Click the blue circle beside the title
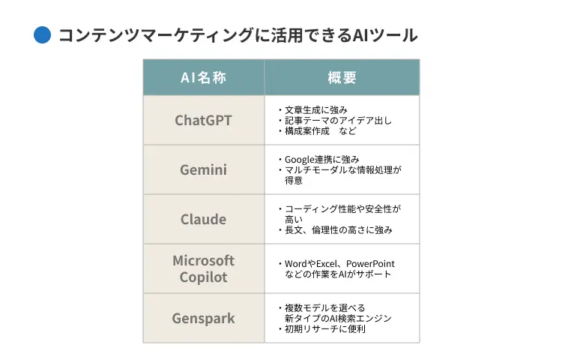coord(43,35)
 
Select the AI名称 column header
coord(203,78)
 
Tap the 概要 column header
coord(342,78)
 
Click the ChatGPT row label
coord(203,120)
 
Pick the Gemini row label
coord(203,169)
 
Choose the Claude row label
coord(203,219)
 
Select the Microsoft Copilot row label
coord(203,268)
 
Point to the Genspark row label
coord(203,318)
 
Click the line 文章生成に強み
coord(315,109)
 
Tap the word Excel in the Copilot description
coord(324,264)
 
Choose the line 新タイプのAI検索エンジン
coord(338,318)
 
